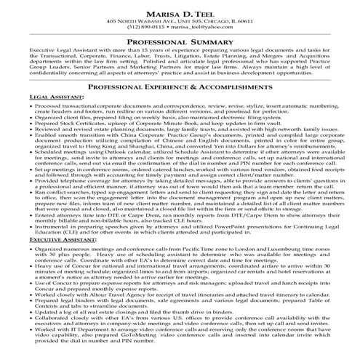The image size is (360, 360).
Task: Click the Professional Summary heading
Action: (x=180, y=43)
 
